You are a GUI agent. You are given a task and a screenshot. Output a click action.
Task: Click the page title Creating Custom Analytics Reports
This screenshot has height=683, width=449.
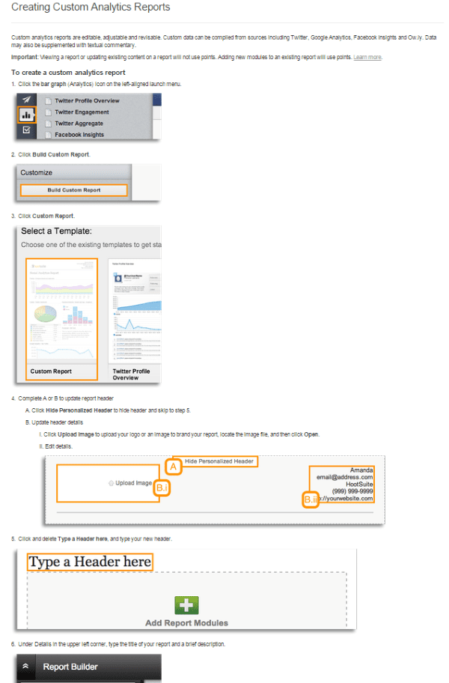click(91, 7)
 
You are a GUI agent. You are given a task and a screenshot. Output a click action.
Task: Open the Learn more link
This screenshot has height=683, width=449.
click(367, 57)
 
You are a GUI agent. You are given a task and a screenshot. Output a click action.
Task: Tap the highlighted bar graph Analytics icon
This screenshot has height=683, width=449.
click(26, 115)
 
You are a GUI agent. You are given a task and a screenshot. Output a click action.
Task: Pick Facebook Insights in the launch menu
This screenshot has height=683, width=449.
click(79, 135)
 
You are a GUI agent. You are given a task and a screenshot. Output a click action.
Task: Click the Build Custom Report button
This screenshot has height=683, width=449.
click(74, 190)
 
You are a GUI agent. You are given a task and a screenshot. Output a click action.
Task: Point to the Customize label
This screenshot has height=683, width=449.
click(37, 172)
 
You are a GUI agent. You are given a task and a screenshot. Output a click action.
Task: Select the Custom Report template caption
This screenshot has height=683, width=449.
click(51, 371)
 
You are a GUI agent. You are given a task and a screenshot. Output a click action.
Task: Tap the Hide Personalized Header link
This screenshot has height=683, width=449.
click(219, 461)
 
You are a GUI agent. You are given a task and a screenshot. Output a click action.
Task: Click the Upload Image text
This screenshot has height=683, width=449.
click(134, 483)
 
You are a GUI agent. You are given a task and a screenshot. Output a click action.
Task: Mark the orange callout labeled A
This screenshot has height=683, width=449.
click(173, 467)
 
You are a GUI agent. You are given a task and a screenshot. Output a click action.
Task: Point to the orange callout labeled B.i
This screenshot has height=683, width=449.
click(163, 488)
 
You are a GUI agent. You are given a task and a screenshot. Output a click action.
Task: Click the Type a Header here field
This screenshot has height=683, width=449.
click(90, 562)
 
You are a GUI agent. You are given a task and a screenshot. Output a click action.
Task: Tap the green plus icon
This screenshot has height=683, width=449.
click(186, 605)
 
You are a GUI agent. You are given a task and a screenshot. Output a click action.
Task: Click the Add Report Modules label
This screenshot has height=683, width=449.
click(186, 622)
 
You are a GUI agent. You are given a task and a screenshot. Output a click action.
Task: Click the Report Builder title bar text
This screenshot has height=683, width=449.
click(70, 667)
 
